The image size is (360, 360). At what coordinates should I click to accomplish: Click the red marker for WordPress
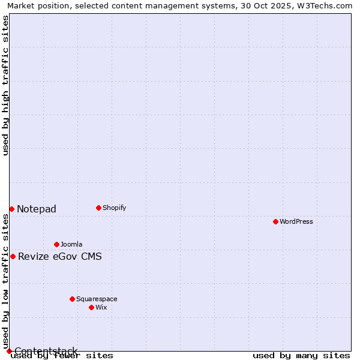(x=275, y=221)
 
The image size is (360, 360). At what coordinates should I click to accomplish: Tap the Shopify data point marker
(x=98, y=208)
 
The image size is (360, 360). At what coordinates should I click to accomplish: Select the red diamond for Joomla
(x=56, y=244)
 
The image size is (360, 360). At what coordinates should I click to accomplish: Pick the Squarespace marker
(x=72, y=299)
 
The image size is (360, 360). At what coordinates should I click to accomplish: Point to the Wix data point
(x=91, y=307)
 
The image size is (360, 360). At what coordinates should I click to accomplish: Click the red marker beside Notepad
(x=11, y=209)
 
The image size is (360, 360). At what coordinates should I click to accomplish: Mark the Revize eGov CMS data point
(x=13, y=256)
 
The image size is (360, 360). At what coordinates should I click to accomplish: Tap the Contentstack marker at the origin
(x=9, y=351)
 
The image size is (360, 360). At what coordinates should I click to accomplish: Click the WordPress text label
(x=296, y=221)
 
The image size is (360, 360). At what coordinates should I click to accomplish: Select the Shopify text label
(x=114, y=208)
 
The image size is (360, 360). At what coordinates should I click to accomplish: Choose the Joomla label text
(x=71, y=244)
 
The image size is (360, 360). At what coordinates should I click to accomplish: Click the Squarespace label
(x=97, y=299)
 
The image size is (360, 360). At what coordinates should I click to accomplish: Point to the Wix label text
(x=101, y=307)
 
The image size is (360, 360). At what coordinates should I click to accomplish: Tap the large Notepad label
(x=37, y=209)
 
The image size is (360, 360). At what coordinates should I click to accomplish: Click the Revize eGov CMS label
(x=60, y=257)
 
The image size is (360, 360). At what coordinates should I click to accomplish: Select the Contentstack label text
(x=46, y=351)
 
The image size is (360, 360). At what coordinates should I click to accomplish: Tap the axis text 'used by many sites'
(x=301, y=355)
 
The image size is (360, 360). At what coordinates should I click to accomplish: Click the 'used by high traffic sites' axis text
(x=5, y=85)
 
